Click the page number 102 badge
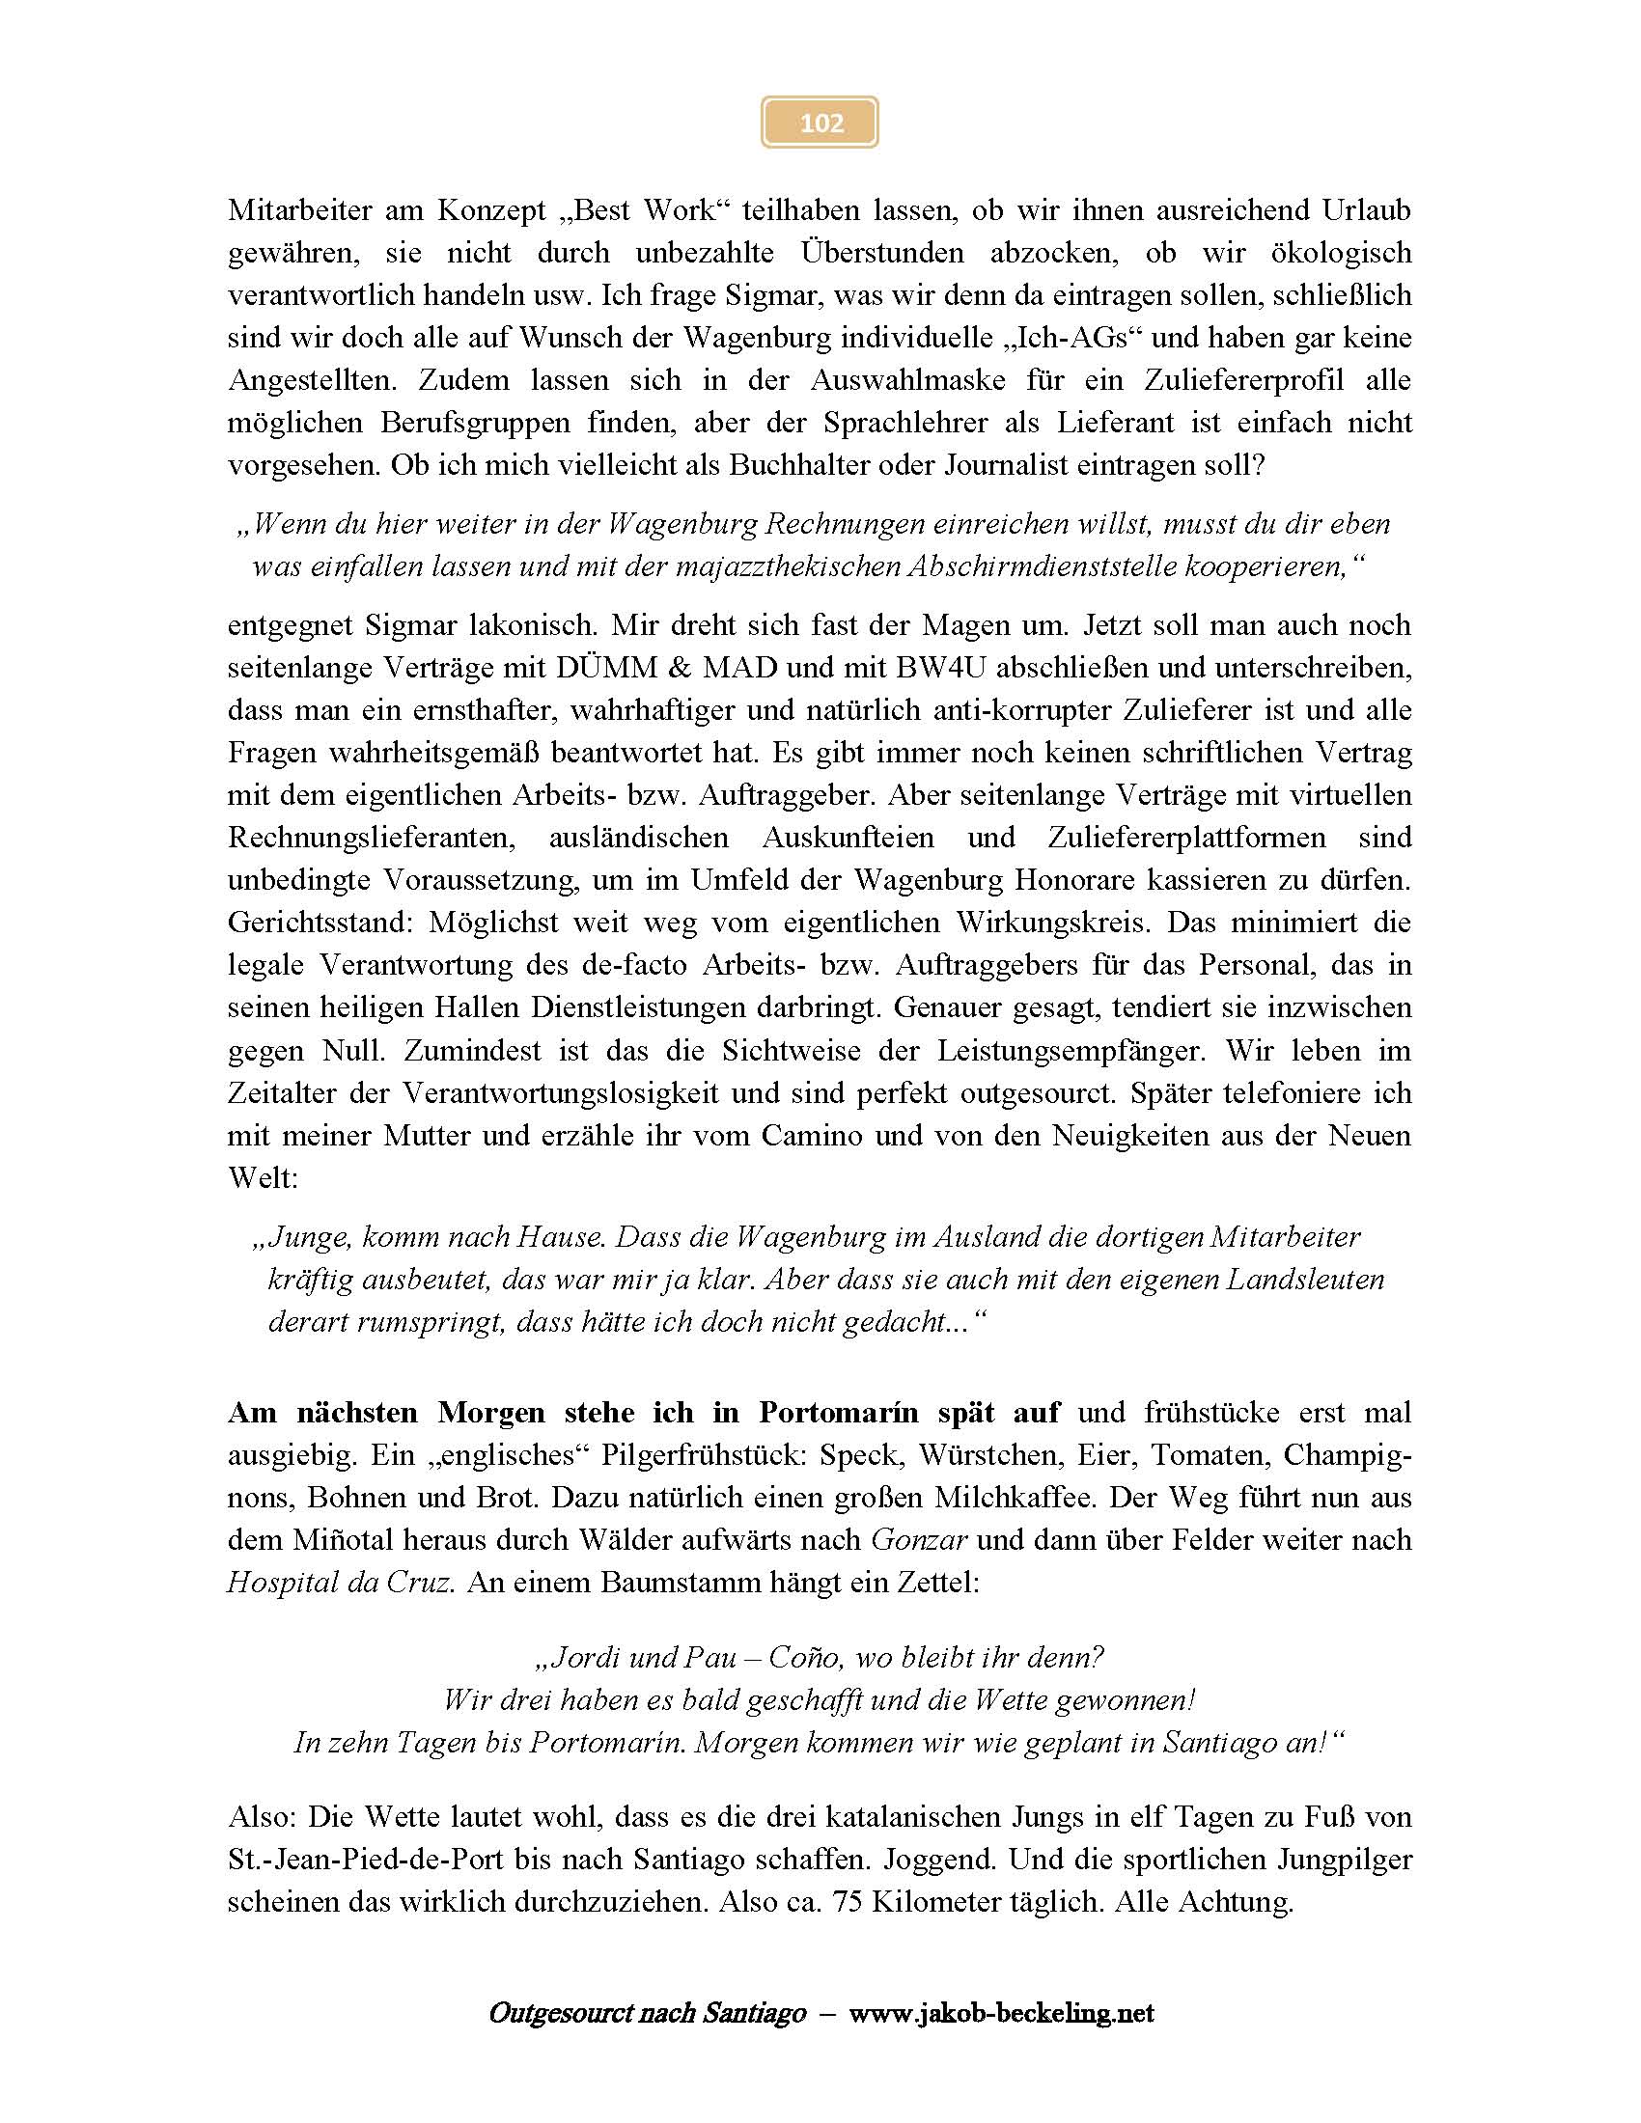tap(820, 123)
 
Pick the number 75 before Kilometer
tap(848, 1902)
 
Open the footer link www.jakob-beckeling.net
tap(1001, 2011)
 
